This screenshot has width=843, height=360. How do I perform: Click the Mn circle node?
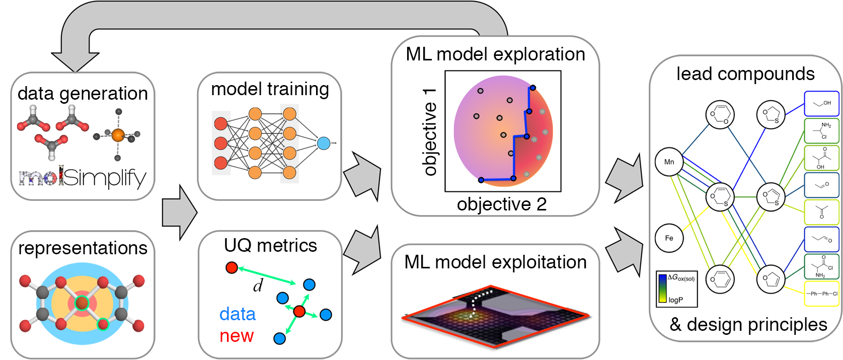tap(669, 162)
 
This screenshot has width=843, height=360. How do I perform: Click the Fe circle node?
tap(669, 238)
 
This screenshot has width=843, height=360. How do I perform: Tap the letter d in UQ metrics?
tap(258, 286)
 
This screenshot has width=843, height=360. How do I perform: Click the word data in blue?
tap(238, 314)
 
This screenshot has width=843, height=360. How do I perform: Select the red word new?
tap(237, 336)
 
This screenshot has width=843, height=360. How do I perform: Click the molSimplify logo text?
tap(83, 177)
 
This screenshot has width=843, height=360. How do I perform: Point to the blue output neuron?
tap(324, 143)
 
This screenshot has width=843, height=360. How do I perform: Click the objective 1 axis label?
tap(429, 132)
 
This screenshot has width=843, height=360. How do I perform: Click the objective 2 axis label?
tap(501, 204)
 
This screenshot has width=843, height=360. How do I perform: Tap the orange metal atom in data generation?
tap(117, 134)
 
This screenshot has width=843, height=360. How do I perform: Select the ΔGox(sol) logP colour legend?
tap(676, 289)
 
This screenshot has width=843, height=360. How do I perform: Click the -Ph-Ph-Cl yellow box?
tap(821, 294)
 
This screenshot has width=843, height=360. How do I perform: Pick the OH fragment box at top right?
tap(821, 104)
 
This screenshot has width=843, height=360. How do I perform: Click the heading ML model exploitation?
tap(495, 262)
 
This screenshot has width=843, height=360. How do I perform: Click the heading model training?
tap(270, 89)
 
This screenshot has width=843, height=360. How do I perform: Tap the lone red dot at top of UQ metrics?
tap(232, 268)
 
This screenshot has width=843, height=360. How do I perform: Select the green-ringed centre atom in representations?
tap(82, 303)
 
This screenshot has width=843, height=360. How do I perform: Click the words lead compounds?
tap(745, 74)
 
